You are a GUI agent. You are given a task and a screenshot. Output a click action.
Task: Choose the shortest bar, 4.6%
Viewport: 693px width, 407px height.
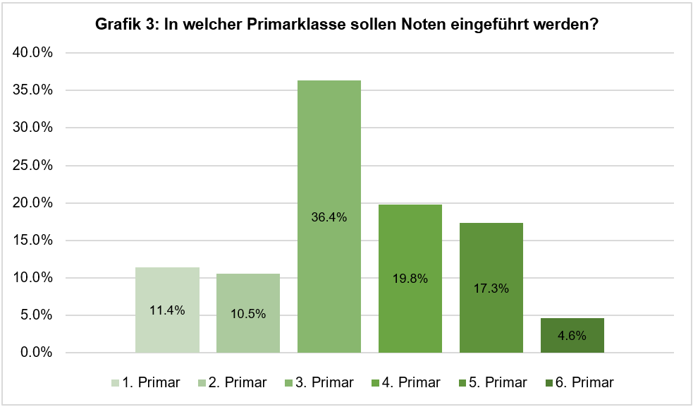click(572, 336)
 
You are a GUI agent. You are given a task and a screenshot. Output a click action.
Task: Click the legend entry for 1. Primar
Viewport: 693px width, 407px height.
click(146, 383)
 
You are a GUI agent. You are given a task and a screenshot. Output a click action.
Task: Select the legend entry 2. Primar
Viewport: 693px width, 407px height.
click(233, 383)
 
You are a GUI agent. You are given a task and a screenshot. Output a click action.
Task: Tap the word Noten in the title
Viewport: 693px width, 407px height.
click(423, 25)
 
